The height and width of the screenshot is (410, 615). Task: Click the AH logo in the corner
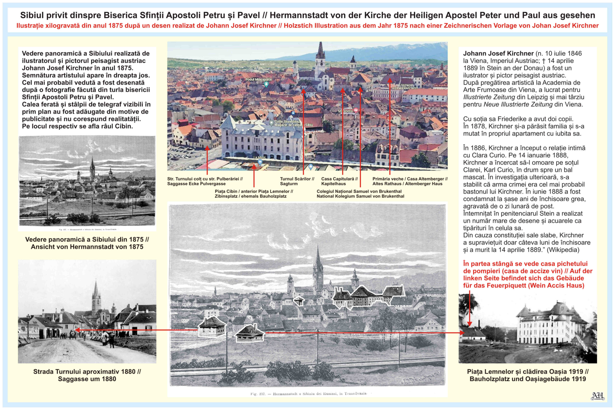598,396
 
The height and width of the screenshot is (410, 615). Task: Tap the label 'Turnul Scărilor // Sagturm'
297,181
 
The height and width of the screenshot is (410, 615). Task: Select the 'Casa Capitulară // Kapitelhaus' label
339,181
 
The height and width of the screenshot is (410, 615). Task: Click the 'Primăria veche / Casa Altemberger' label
410,181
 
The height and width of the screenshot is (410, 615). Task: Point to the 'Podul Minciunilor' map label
258,79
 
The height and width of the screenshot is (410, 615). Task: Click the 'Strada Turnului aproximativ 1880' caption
87,375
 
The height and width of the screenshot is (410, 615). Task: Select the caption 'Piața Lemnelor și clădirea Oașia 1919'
528,375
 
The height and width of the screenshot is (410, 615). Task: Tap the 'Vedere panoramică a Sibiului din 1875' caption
87,243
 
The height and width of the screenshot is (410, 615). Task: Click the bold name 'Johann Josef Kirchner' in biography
498,54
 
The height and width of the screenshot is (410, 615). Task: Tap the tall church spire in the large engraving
318,259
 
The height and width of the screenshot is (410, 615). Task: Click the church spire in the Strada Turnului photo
96,290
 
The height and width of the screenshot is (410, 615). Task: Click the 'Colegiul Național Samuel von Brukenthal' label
360,194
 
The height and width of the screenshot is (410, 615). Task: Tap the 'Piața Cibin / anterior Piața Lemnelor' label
253,194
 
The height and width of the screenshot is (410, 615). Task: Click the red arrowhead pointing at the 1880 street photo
77,330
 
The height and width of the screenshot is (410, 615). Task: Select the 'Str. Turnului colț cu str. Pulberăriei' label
205,181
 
